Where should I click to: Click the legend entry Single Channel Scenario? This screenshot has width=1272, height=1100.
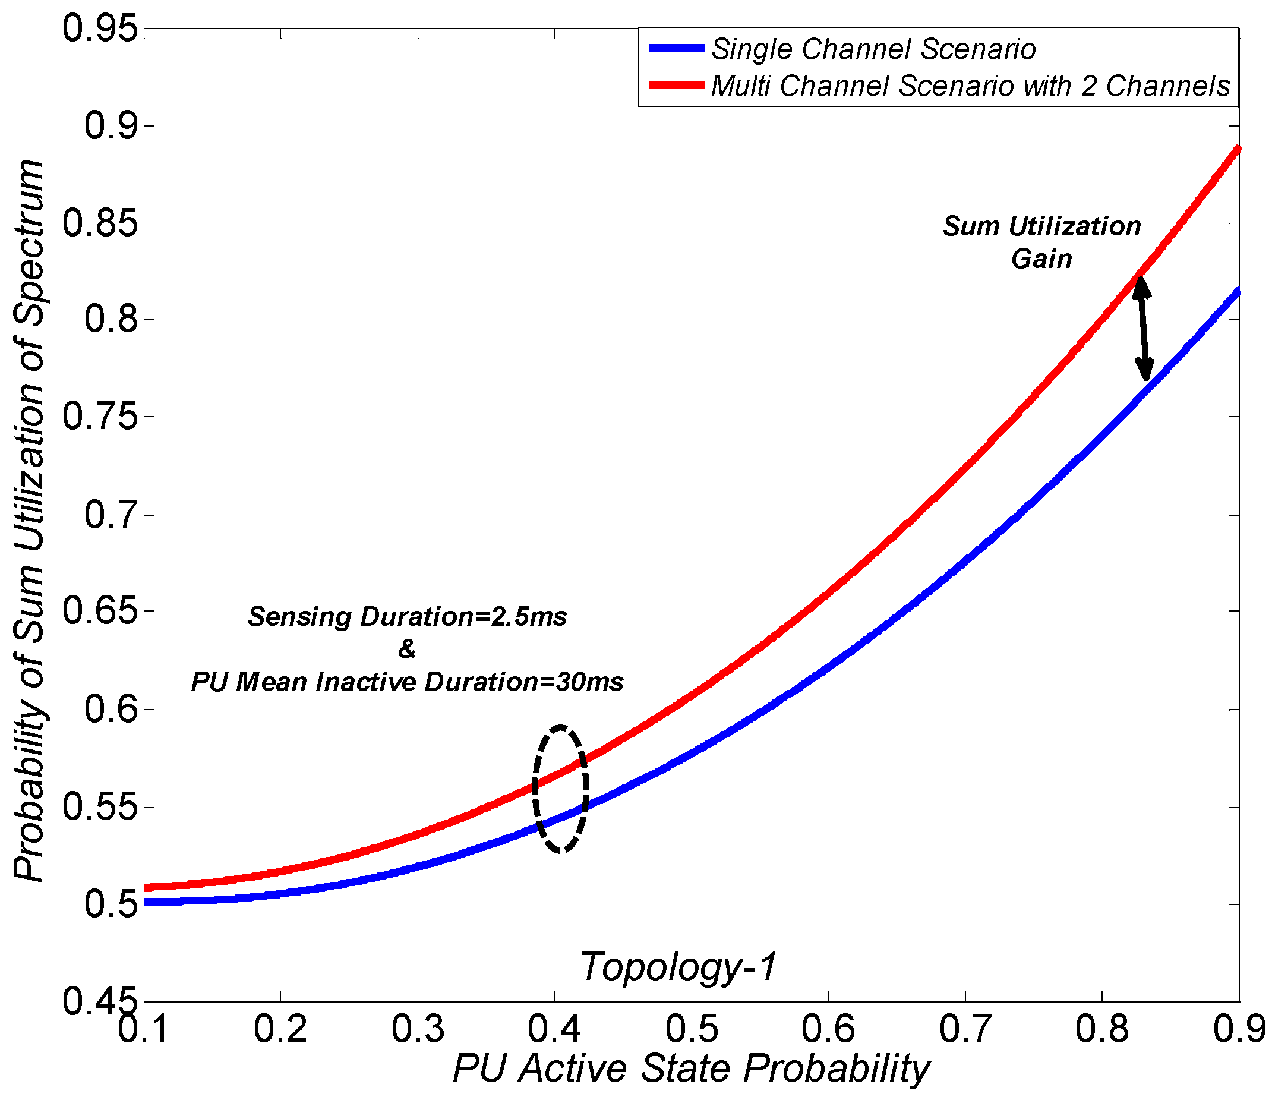pos(873,49)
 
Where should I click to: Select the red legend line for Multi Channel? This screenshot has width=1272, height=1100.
pos(677,85)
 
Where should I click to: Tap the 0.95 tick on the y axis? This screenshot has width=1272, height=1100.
pos(99,29)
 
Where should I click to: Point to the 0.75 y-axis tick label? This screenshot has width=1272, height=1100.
pos(99,417)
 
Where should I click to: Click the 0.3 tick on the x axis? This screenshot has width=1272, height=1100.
pos(418,1029)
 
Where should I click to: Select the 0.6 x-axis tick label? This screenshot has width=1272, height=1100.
pos(828,1029)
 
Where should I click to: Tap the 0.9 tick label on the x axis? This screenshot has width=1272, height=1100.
pos(1239,1029)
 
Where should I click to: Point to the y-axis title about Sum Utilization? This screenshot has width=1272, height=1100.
pos(29,521)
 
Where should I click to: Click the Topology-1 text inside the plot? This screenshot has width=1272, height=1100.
pos(678,967)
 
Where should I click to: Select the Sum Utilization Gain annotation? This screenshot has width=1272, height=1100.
pos(1042,242)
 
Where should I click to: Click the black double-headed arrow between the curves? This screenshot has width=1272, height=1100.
pos(1142,329)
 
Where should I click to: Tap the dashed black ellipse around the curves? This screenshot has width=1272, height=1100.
pos(560,789)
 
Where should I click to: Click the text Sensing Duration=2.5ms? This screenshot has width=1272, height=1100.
pos(408,617)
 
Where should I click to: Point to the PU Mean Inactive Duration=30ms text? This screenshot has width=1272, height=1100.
pos(408,682)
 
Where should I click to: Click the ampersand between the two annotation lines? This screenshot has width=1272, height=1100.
pos(407,649)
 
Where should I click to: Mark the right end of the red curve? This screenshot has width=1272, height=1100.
pos(1238,149)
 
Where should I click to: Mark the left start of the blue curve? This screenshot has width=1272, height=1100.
pos(147,902)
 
